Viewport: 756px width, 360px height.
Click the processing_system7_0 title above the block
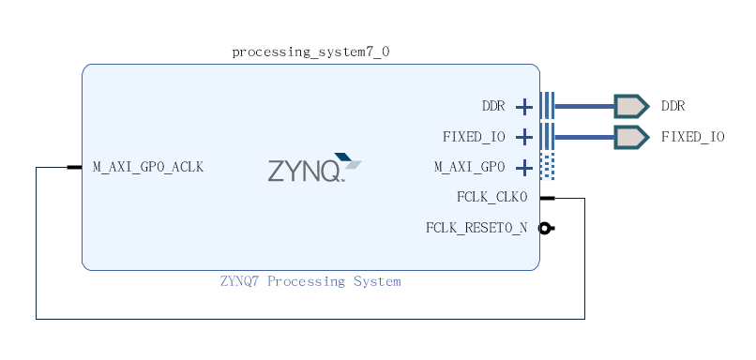coord(310,52)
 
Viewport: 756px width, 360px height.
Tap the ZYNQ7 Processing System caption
coord(310,281)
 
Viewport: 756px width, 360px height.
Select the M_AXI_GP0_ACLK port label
coord(148,167)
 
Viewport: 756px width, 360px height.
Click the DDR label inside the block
coord(493,106)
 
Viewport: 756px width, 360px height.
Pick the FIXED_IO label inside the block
coord(474,137)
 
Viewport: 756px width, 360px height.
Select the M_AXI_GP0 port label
coord(469,167)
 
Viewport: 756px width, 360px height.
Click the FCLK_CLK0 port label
coord(491,197)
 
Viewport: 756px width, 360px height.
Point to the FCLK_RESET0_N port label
coord(476,228)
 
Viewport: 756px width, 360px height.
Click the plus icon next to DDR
coord(524,107)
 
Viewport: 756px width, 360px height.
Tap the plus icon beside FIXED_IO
coord(524,138)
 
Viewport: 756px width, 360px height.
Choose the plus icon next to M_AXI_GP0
coord(524,168)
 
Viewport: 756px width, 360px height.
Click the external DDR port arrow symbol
coord(630,106)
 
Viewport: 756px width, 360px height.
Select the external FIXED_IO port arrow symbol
coord(630,137)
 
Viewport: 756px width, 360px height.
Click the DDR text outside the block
coord(673,106)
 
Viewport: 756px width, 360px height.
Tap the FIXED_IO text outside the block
coord(692,137)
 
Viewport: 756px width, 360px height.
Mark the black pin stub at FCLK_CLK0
coord(547,198)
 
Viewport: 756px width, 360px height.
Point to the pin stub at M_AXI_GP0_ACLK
coord(74,167)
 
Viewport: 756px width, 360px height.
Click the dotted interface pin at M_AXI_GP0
coord(548,167)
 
